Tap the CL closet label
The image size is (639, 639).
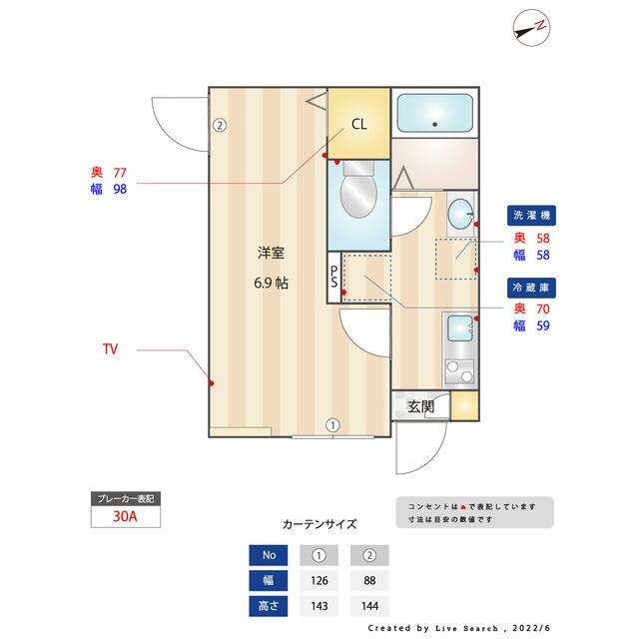[358, 125]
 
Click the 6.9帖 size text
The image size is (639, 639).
[271, 283]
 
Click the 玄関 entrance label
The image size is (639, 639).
[420, 406]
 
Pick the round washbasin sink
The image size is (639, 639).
[460, 214]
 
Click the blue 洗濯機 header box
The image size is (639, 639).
[531, 215]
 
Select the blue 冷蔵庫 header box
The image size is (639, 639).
[531, 287]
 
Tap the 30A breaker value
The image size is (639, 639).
[124, 517]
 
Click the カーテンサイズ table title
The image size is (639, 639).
[319, 523]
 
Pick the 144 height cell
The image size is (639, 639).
[369, 606]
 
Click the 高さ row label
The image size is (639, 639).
[269, 606]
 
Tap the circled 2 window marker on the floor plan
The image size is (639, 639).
[220, 126]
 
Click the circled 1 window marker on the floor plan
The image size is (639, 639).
[333, 425]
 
